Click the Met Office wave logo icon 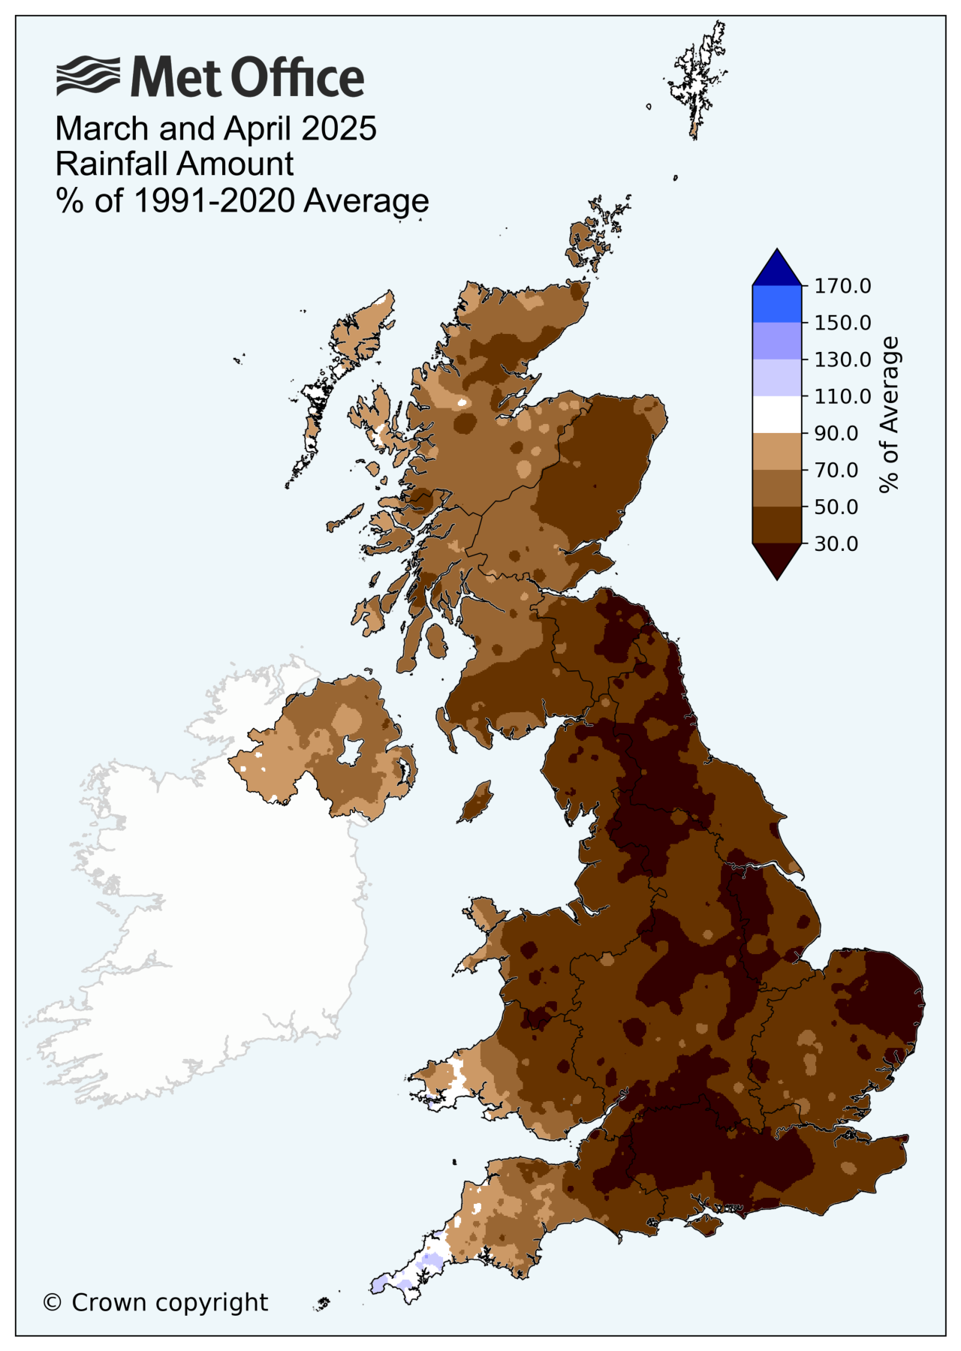[x=88, y=76]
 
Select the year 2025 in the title [x=339, y=129]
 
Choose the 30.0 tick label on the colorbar [x=836, y=543]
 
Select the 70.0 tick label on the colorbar [x=836, y=470]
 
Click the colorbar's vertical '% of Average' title [x=889, y=414]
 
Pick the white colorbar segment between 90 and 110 [x=777, y=414]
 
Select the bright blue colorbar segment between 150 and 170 [x=777, y=304]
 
